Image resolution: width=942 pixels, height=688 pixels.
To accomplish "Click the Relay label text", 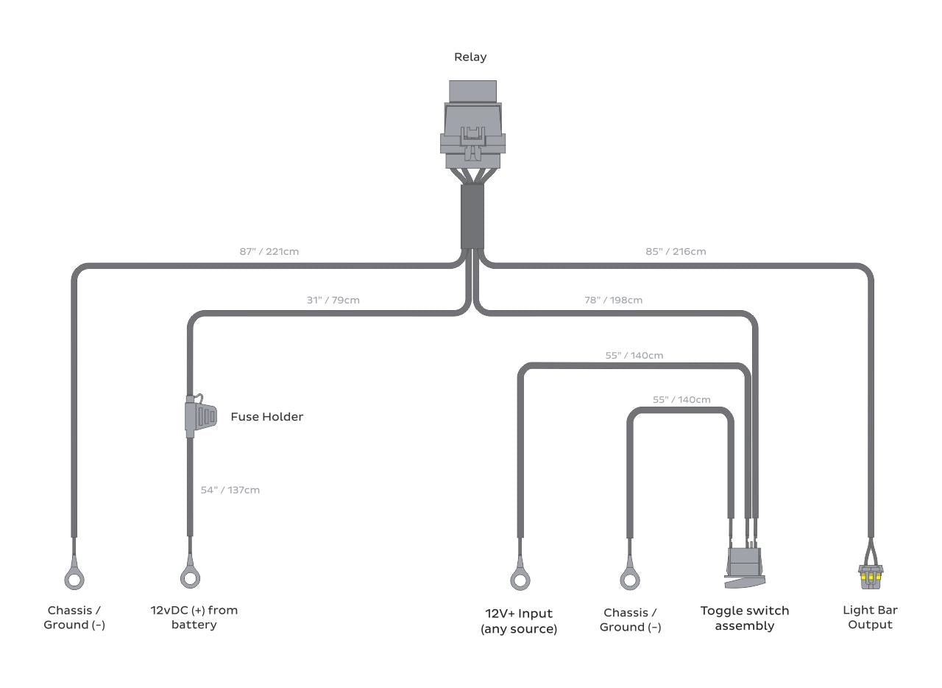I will click(470, 57).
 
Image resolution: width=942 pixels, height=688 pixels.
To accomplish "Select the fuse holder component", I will click(200, 416).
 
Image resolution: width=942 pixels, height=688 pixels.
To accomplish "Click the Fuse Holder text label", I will click(266, 417).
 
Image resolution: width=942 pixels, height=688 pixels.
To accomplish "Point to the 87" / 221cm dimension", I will click(269, 251).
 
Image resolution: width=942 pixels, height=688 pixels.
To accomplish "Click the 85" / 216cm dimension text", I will click(676, 251).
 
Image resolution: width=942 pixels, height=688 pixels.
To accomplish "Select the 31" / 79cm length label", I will click(333, 300).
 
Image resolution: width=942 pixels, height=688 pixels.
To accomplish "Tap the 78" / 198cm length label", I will click(613, 300).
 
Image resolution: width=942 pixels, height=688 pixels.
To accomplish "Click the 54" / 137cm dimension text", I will click(230, 490).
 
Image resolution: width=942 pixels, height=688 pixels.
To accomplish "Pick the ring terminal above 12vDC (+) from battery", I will click(190, 578).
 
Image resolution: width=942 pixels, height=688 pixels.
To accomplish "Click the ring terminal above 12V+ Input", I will click(520, 579).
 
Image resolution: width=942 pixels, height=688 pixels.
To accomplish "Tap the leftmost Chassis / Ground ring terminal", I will click(74, 579).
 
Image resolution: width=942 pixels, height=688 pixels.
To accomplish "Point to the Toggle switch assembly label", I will click(744, 618).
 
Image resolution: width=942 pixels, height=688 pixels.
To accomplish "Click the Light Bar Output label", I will click(870, 617).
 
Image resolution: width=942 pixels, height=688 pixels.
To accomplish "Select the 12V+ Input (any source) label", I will click(519, 621).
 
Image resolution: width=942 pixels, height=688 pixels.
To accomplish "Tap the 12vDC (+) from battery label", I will click(194, 617).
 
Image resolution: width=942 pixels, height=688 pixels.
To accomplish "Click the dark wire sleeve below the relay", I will click(472, 216).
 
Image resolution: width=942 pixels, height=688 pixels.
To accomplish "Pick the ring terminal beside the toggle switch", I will click(629, 579).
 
